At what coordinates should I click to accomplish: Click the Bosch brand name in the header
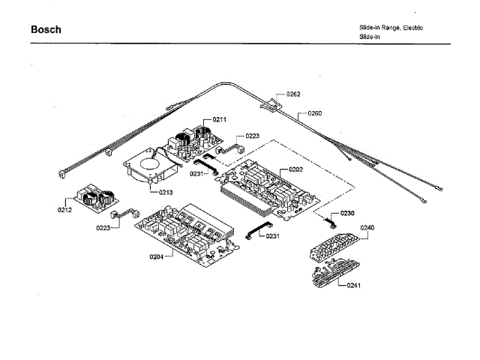point(46,30)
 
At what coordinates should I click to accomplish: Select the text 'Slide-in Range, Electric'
point(391,28)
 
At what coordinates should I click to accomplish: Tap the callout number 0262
point(293,94)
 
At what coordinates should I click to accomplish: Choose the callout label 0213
point(166,193)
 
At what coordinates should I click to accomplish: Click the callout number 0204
point(156,256)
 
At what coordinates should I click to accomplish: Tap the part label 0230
point(346,214)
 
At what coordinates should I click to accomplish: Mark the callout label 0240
point(367,227)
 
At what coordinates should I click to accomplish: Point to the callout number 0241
point(354,286)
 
